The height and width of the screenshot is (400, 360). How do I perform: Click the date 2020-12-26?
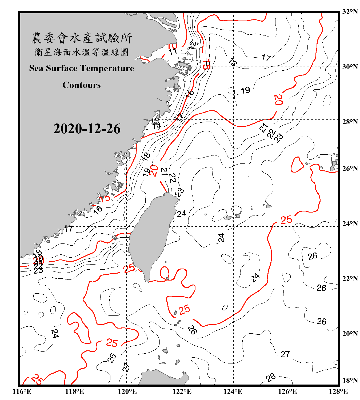coord(87,129)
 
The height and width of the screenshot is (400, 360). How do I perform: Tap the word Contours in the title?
coord(82,85)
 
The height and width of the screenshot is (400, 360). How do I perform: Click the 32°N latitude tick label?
coord(350,11)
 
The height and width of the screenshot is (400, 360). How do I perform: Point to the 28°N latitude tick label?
coord(350,122)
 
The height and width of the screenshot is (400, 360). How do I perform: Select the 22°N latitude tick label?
coord(350,279)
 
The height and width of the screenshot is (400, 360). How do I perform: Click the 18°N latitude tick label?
coord(350,380)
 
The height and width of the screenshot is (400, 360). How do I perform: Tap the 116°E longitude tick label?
coord(22,391)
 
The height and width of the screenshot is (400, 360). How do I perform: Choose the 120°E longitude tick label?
coord(127,391)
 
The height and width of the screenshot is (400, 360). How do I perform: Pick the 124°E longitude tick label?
coord(233,391)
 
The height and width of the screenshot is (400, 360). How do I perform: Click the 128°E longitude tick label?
coord(338,391)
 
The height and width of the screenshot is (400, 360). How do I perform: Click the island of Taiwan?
coord(151,235)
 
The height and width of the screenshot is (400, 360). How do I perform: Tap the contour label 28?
coord(271,377)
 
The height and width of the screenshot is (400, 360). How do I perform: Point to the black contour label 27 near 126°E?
coord(285,354)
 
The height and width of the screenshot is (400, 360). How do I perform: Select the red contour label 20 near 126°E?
coord(278,100)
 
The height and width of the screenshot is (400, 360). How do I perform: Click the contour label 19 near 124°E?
coord(245,90)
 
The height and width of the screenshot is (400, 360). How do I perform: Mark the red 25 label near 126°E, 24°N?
coord(286,220)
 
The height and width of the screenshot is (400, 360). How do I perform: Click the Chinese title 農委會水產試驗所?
coord(82,38)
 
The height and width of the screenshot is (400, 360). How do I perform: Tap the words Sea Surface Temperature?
coord(82,68)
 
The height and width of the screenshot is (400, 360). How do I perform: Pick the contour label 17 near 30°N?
coord(266,58)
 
